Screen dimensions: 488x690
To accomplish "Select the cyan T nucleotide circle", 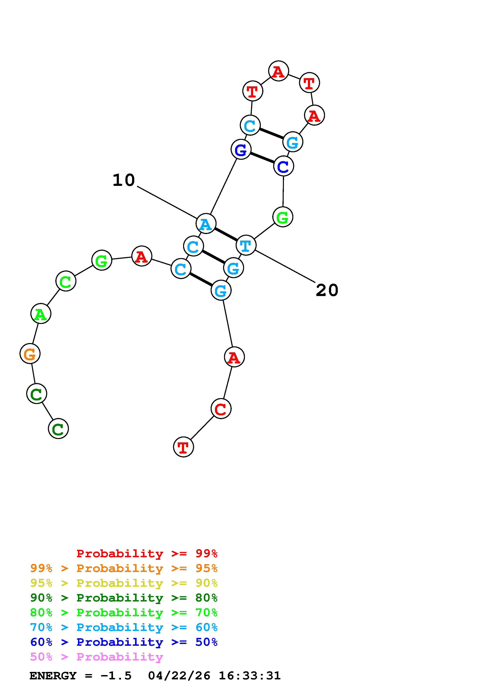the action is (246, 245).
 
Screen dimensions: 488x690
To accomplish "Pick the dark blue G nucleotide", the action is (241, 149).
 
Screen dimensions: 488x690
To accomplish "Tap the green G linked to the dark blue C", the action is (283, 217).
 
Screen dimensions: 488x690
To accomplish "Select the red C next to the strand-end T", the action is (221, 409).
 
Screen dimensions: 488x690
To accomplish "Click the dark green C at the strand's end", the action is (58, 429).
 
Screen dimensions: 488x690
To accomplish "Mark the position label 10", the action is (124, 180).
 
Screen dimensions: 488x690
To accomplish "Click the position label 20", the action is (327, 290).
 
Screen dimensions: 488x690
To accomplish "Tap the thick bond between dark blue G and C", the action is (262, 158).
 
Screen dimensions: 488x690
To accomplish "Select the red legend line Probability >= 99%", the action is (147, 553).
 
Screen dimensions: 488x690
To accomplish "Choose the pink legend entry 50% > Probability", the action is (96, 657).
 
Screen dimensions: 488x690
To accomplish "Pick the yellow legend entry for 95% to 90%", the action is (124, 583).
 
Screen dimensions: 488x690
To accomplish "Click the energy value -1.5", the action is (116, 676).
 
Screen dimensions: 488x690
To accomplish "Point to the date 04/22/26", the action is (179, 676).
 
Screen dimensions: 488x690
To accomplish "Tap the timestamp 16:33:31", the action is (250, 676).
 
